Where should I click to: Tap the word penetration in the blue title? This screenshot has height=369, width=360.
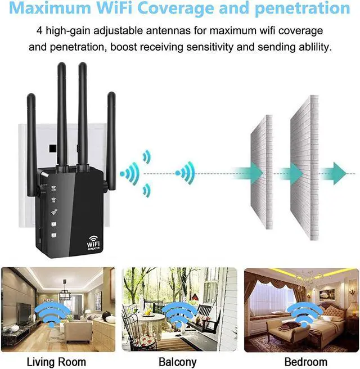point(301,9)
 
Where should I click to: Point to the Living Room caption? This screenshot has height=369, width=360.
point(56,362)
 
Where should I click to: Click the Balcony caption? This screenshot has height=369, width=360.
point(178,362)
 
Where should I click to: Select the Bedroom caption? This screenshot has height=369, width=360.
point(305,362)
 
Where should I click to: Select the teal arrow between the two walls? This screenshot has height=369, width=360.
point(290,173)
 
